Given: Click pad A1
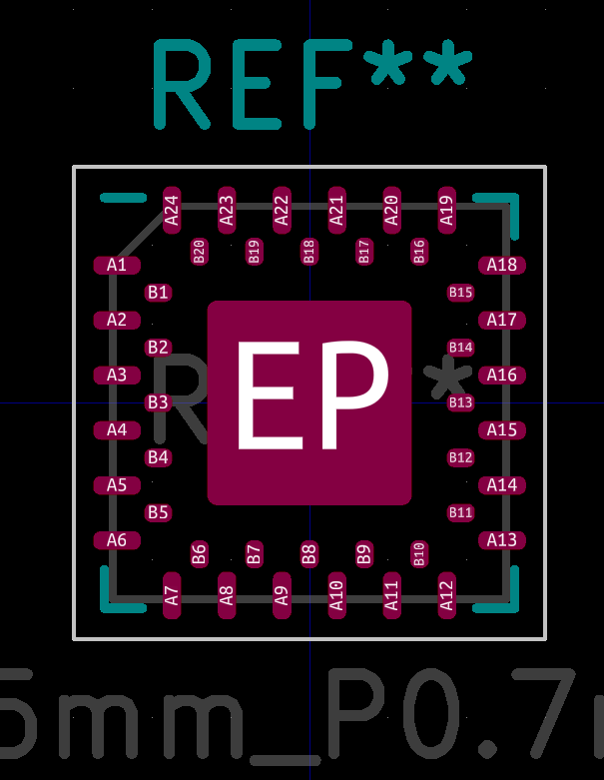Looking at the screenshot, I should pos(117,265).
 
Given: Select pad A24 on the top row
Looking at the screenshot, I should pos(172,210).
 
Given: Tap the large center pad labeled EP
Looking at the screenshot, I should pos(309,402).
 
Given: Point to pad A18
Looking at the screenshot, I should pos(501,265).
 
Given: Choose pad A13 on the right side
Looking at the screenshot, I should pos(501,540).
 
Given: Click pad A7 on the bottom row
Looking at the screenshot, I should pos(172,595).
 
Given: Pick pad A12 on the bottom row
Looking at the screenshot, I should pos(447,595).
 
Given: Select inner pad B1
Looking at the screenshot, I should pos(158,293).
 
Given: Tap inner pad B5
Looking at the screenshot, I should pos(158,512).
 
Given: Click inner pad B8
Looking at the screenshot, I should pos(309,553).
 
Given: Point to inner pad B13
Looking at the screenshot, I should pos(460,402).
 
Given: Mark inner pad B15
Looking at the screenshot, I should pos(460,293).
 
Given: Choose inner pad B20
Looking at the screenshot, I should pos(199,251).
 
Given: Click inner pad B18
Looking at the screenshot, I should pos(309,251).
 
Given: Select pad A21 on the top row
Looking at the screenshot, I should pos(336,210).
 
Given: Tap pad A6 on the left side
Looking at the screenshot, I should pos(117,540).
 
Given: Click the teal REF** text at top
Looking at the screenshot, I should pos(309,84).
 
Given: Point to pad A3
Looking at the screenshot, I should pos(117,375).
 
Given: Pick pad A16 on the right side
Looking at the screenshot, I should pos(501,375).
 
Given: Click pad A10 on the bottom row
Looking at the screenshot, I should pos(336,595).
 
